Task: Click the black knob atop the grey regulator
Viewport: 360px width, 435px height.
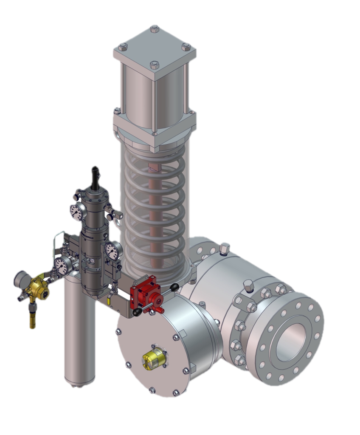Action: [95, 174]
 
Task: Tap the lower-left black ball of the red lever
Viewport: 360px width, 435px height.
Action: [137, 313]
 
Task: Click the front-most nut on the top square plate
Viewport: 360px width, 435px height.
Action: [154, 66]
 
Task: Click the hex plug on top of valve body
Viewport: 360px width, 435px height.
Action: [225, 247]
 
